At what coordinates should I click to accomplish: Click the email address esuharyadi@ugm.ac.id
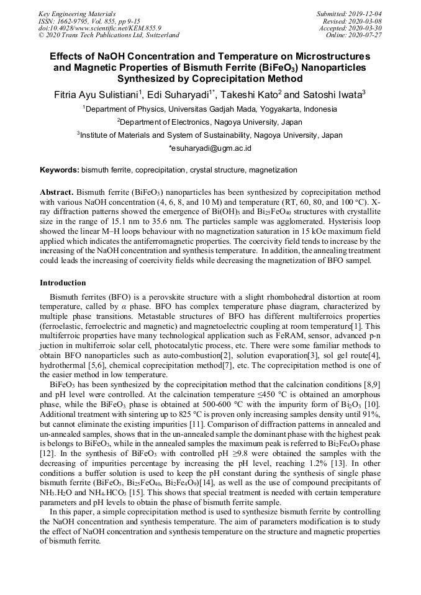tap(210, 148)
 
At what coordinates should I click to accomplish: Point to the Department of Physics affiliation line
tap(210, 109)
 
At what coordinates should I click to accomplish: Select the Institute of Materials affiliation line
tap(210, 135)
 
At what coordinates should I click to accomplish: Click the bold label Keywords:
tap(60, 169)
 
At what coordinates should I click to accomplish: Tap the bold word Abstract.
tap(57, 193)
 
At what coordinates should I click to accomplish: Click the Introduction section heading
tap(63, 283)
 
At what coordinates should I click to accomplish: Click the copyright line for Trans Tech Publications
tap(109, 35)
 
